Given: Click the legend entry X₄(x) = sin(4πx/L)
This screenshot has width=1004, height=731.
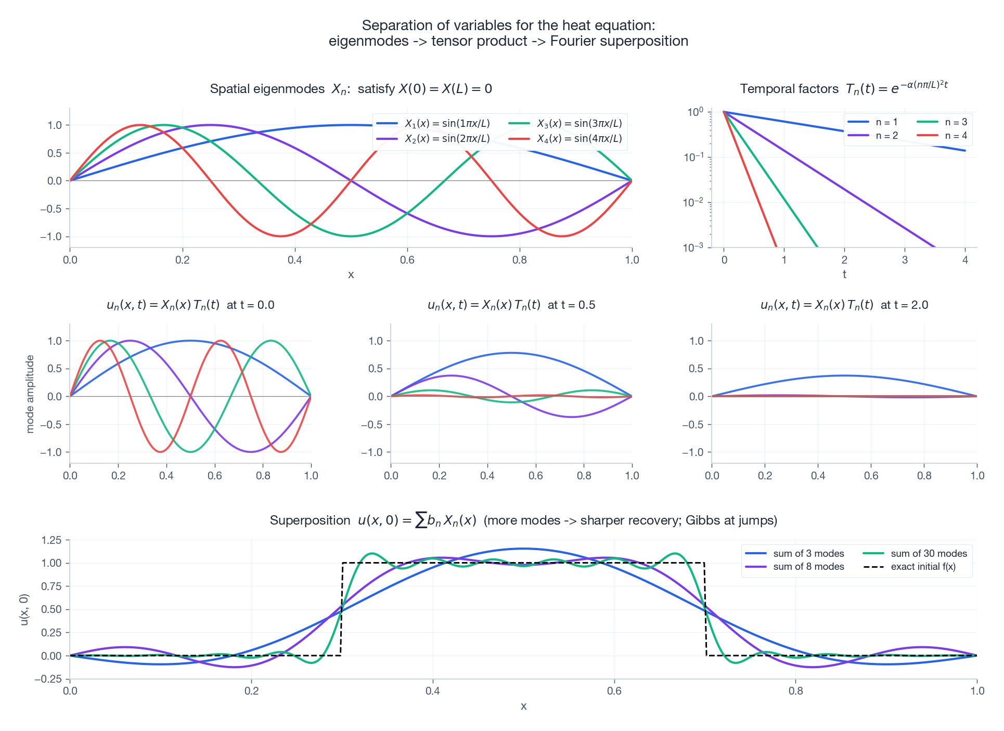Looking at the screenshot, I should coord(579,139).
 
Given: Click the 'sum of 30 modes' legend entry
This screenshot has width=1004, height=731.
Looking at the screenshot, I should coord(929,554).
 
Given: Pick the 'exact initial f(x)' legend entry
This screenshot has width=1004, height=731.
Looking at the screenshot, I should coord(923,567).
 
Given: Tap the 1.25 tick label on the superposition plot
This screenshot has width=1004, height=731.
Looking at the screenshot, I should coord(52,540).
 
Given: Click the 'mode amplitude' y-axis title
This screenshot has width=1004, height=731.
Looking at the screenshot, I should coord(30,394).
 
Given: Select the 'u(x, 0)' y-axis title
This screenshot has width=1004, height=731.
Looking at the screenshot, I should coord(24,609).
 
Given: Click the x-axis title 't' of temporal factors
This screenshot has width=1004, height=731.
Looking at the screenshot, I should coord(844,275).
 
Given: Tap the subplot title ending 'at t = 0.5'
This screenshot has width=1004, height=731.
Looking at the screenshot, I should coord(511,305).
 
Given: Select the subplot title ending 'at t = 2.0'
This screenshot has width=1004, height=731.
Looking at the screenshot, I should coord(844,305).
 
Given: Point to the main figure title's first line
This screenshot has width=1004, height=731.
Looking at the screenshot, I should coord(508,25).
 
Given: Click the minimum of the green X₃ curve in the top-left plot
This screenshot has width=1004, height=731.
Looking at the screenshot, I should coord(351,237).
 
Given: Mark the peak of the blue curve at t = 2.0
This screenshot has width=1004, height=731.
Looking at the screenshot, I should coord(844,375).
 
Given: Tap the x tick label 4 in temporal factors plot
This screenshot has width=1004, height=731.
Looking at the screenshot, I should coord(965,260).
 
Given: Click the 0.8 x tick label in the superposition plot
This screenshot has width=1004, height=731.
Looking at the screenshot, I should coord(795,691).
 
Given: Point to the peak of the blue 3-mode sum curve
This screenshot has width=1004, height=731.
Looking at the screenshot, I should coord(523,549).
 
